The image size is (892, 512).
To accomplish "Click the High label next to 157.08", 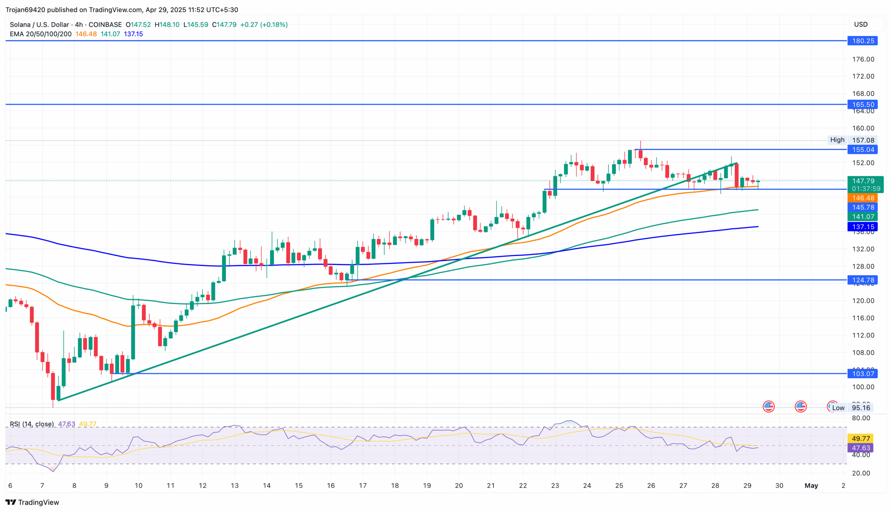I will (837, 140).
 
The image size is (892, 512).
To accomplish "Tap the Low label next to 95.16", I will (838, 408).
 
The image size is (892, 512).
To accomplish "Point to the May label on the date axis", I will (811, 485).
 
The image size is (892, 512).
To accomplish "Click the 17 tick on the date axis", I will (363, 485).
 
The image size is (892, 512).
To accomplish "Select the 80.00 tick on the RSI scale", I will (861, 418).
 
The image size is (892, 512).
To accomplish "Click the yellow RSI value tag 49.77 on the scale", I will (860, 438).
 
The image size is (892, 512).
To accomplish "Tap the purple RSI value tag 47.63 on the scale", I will (860, 448).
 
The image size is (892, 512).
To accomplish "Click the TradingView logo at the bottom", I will (32, 502).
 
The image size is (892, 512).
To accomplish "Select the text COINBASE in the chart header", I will (105, 25).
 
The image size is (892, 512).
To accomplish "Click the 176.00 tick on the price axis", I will (863, 59).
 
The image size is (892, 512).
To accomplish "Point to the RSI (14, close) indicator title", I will (32, 424).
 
